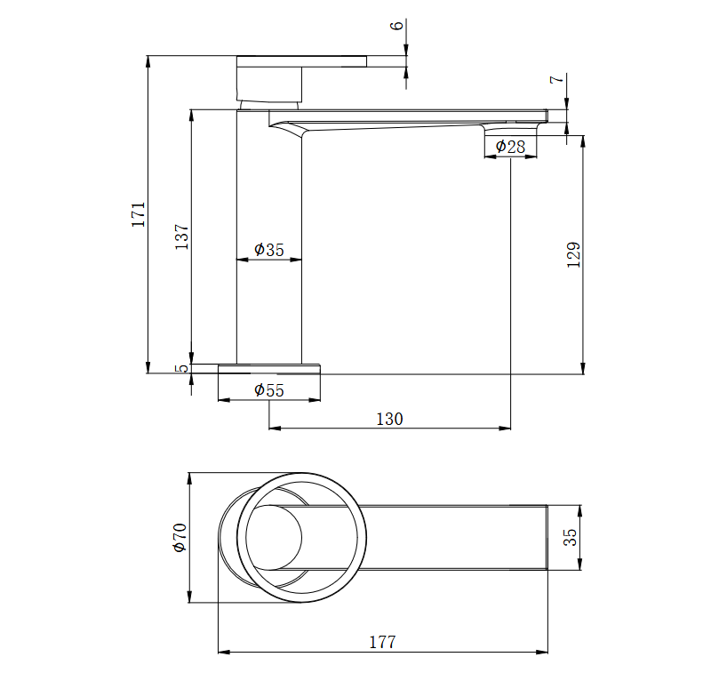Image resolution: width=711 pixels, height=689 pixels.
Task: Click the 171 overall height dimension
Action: click(x=139, y=214)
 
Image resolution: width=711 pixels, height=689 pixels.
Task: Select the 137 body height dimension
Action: click(x=182, y=236)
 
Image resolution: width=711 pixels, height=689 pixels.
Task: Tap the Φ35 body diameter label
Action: click(x=269, y=250)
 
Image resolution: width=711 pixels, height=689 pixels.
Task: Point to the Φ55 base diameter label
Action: click(x=269, y=390)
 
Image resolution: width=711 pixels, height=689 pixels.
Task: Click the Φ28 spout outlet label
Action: click(x=510, y=147)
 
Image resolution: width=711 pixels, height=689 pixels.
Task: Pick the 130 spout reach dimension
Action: click(x=389, y=419)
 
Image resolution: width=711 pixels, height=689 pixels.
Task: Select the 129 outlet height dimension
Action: click(x=574, y=255)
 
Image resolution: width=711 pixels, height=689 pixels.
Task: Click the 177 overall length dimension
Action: click(x=383, y=642)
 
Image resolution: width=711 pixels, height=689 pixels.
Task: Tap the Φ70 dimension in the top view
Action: click(x=180, y=538)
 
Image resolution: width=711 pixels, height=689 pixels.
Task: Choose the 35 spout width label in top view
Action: click(x=571, y=537)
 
